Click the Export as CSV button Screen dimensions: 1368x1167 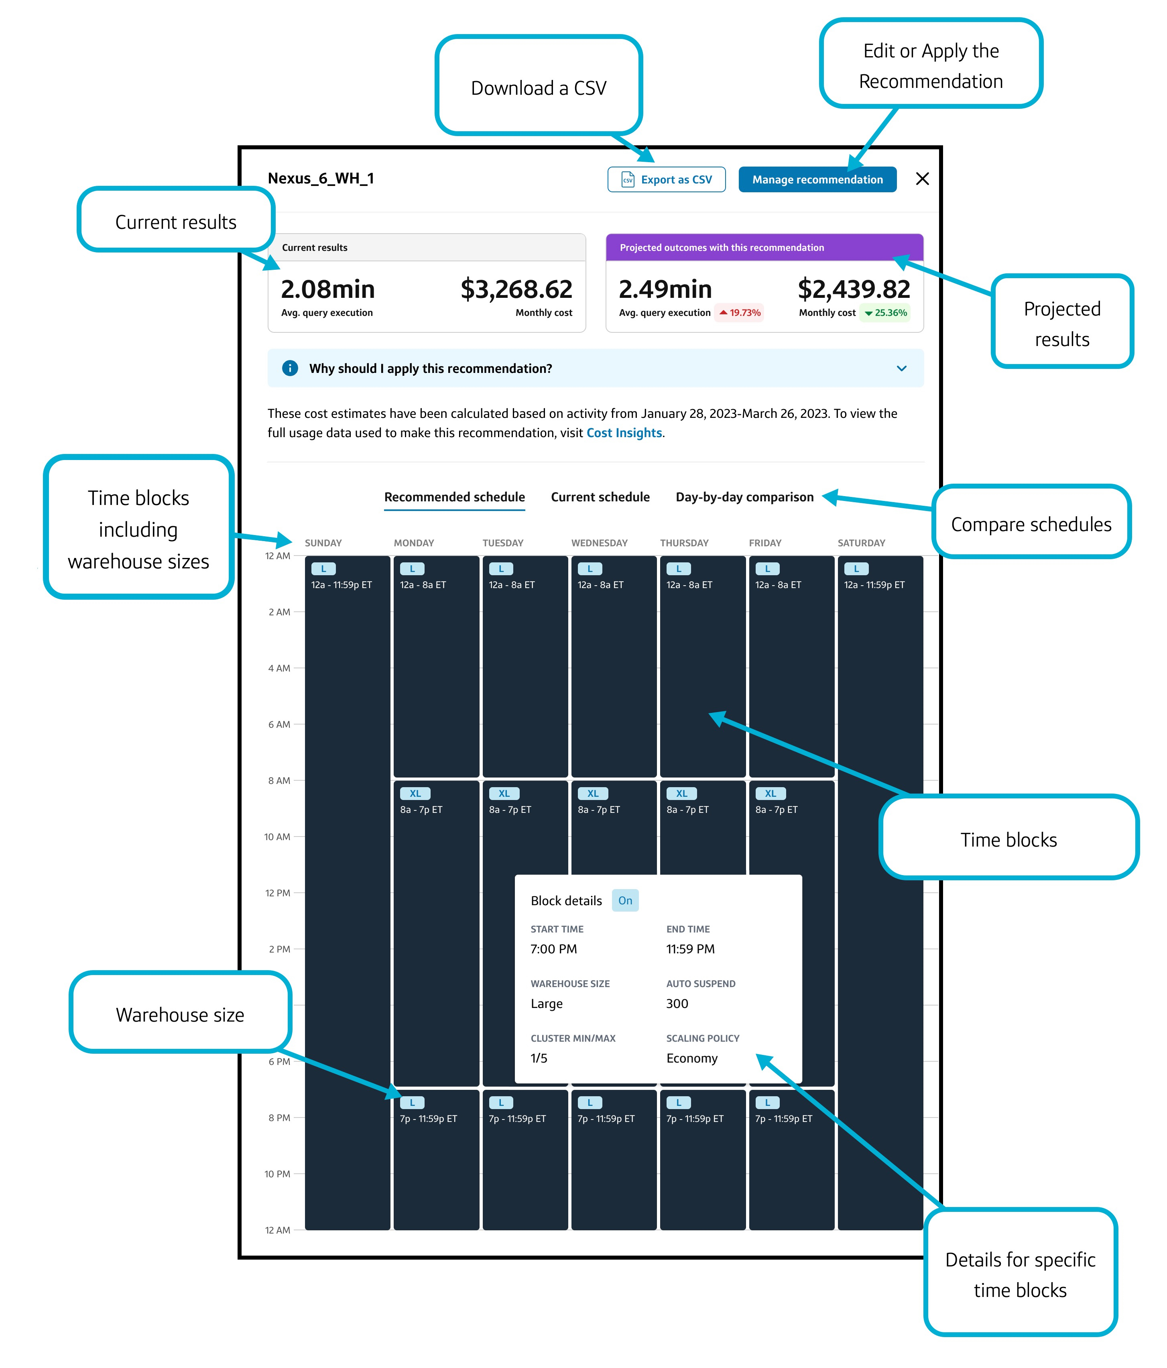tap(666, 179)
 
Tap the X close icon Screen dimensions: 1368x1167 tap(922, 179)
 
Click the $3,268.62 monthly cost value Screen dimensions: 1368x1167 tap(516, 289)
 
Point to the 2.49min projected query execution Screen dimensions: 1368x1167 tap(665, 289)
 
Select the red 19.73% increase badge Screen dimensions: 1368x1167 tap(740, 313)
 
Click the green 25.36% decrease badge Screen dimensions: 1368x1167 tap(886, 313)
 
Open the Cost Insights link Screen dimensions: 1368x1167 tap(624, 433)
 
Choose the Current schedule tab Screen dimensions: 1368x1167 tap(600, 497)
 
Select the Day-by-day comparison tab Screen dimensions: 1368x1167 tap(744, 497)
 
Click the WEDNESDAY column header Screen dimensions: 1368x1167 tap(599, 543)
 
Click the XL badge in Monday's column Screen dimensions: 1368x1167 tap(415, 794)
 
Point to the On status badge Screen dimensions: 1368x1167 tap(624, 900)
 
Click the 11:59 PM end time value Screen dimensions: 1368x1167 tap(690, 949)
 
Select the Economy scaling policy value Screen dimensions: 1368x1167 tap(691, 1059)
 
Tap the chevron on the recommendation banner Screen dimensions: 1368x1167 tap(901, 368)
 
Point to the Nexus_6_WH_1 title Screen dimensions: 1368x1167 tap(321, 178)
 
